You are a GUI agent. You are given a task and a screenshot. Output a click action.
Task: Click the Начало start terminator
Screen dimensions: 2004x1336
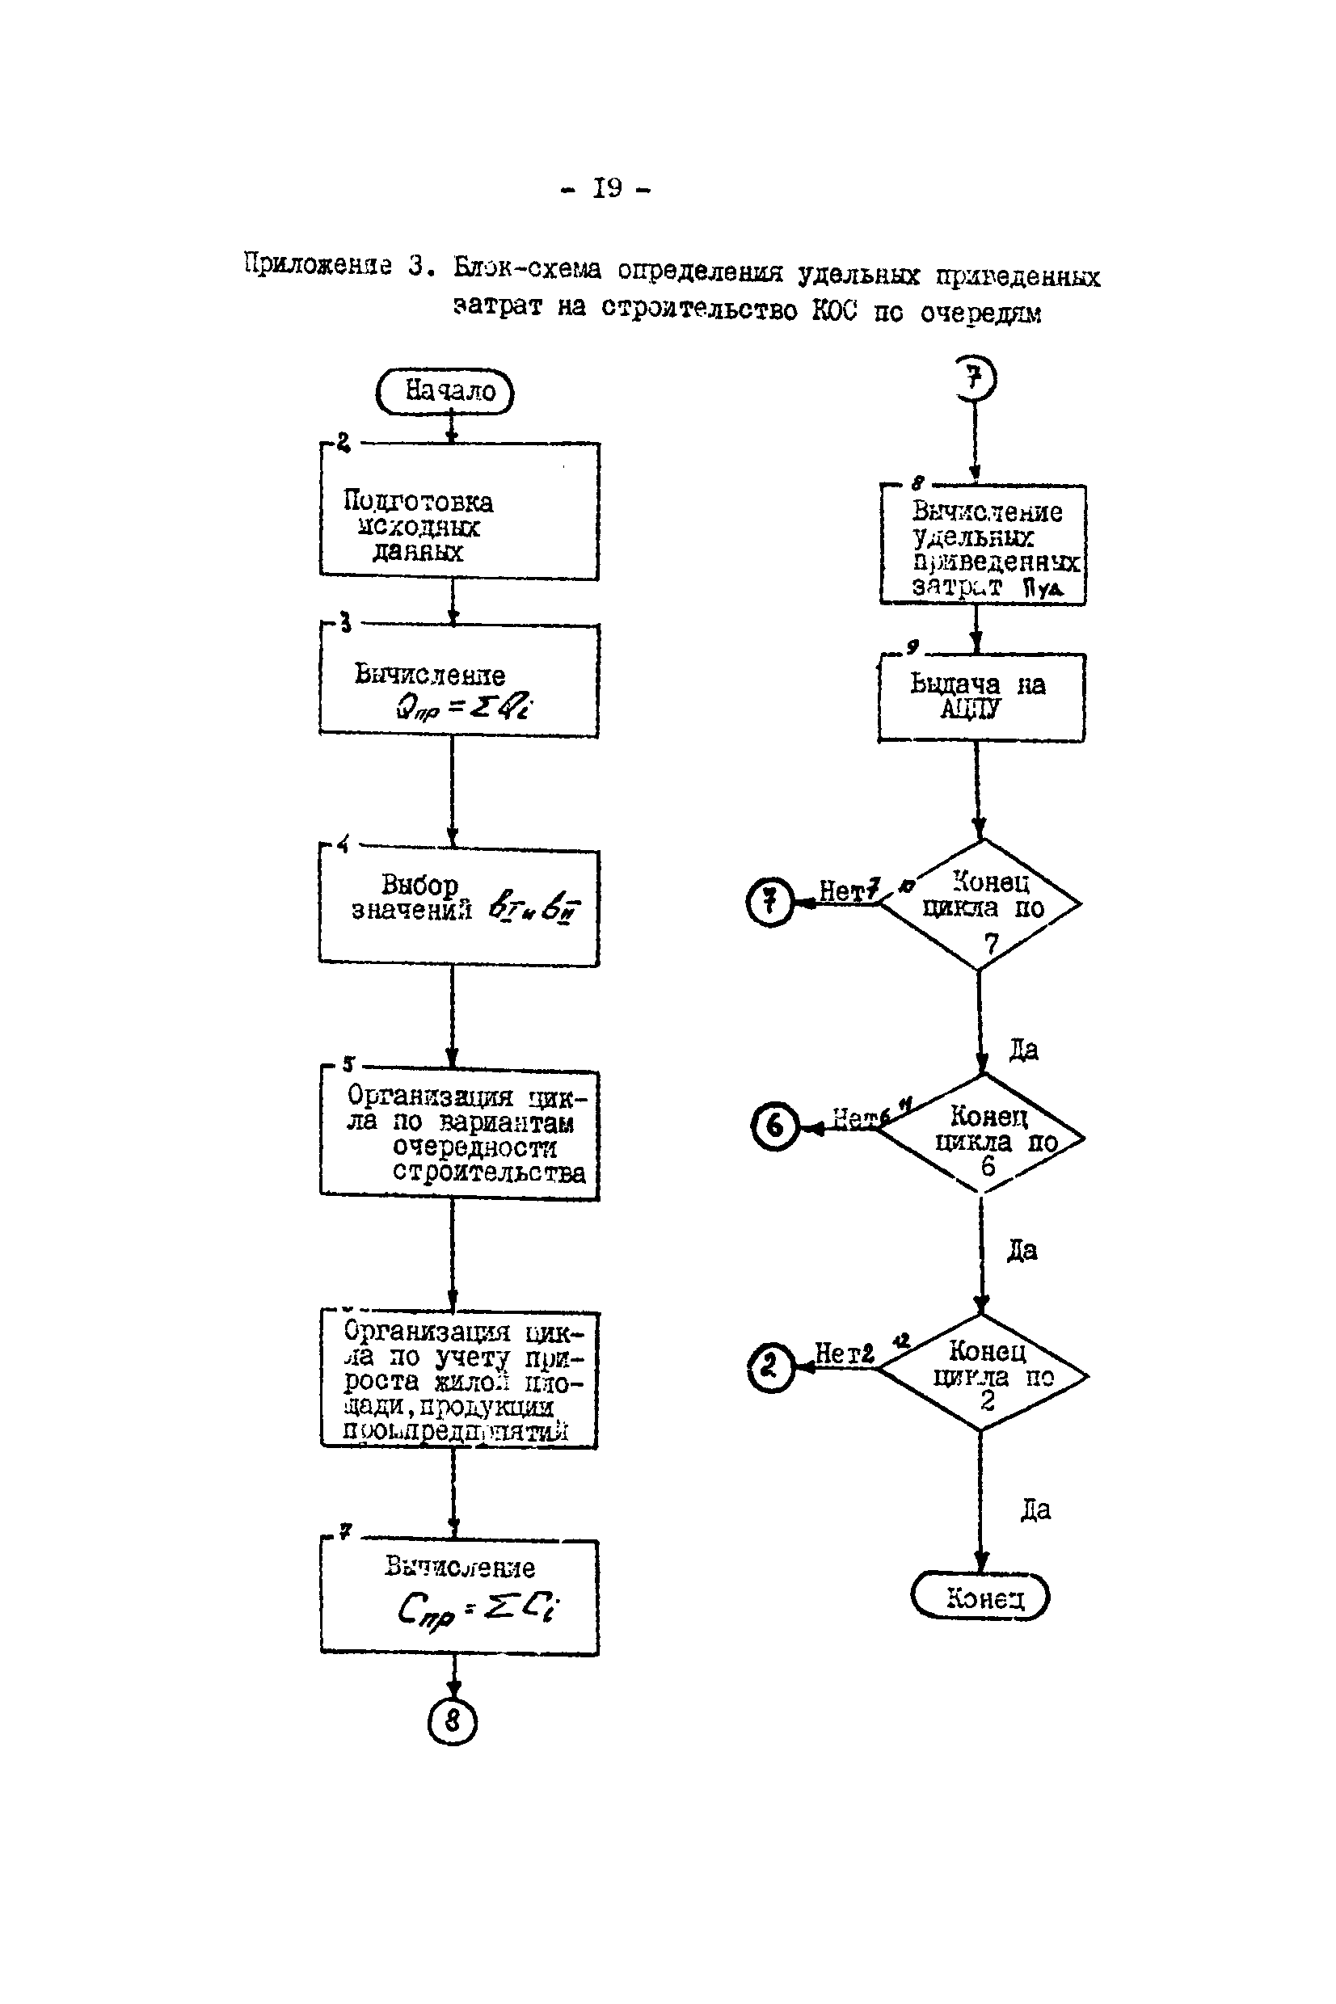point(445,392)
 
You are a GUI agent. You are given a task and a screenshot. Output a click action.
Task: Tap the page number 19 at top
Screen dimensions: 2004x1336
point(607,188)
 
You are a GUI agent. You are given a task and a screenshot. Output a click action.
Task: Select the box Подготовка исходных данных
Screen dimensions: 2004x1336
point(459,512)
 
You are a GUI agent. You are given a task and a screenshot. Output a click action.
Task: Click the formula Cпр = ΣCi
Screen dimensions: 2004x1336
point(477,1609)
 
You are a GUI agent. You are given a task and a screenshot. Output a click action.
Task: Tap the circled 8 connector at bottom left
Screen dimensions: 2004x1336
point(453,1721)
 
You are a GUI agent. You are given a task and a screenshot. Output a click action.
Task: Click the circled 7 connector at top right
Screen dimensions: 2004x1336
point(976,378)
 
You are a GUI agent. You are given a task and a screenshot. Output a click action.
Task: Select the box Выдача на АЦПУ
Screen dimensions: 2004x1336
point(981,697)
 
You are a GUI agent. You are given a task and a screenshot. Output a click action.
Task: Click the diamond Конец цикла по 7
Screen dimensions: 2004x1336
point(981,904)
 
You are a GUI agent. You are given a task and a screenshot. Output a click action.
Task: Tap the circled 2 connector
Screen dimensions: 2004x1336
point(770,1367)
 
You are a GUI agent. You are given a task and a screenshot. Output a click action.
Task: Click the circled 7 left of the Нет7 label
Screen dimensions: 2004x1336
point(770,902)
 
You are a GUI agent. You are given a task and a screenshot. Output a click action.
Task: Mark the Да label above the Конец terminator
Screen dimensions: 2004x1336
point(1035,1510)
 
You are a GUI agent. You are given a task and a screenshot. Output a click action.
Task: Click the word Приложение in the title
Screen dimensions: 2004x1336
point(317,265)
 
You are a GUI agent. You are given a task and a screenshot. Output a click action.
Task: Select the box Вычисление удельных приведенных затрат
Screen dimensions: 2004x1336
point(984,545)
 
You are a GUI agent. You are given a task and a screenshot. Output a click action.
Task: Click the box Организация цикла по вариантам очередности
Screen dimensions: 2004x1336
point(459,1135)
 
